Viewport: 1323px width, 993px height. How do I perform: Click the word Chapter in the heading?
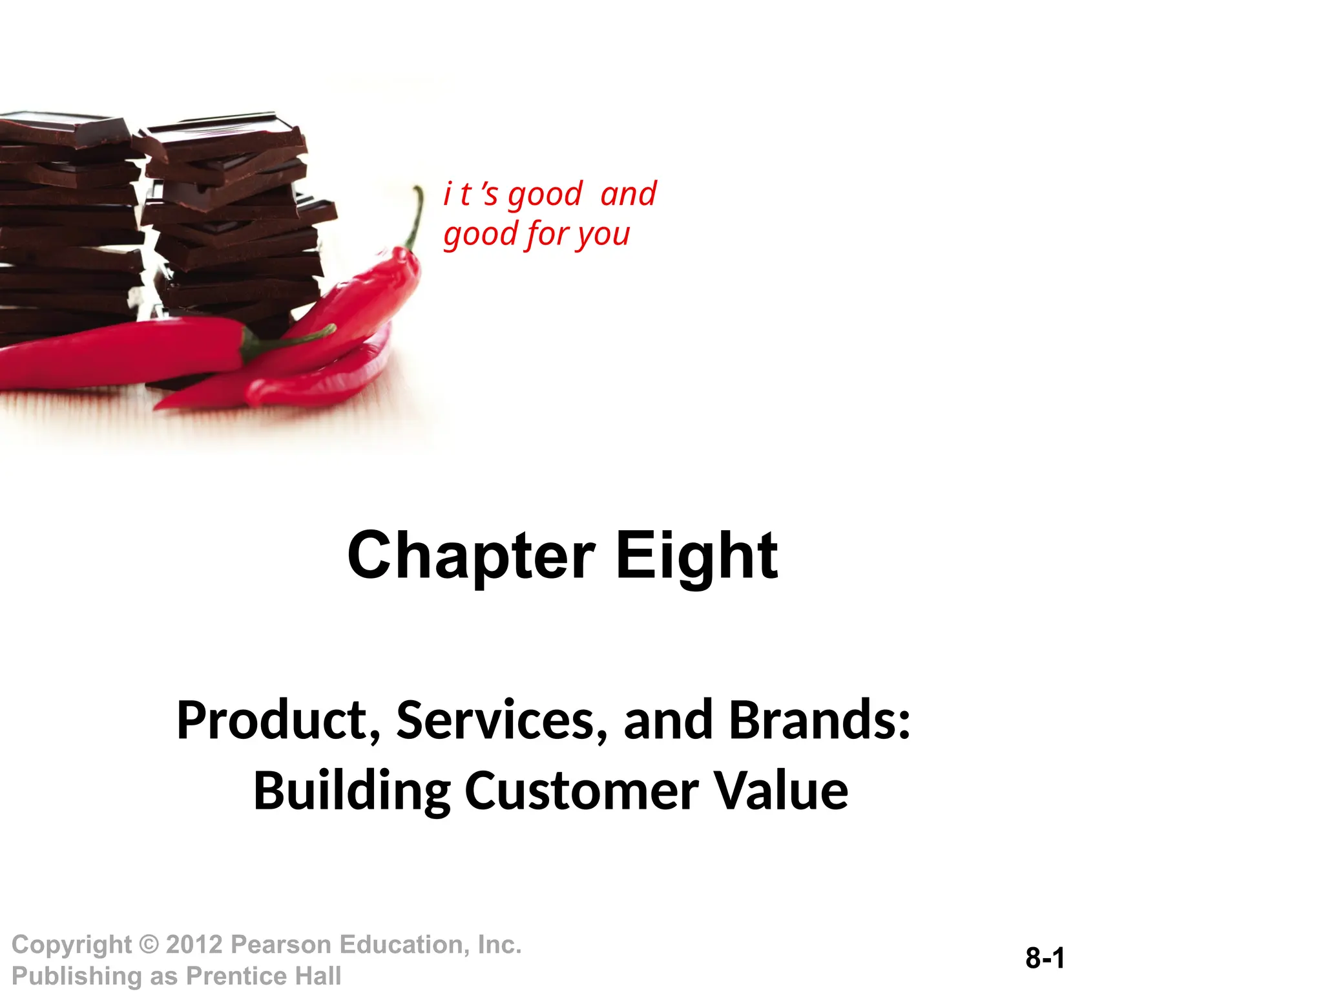[470, 556]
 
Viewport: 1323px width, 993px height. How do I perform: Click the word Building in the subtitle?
[352, 791]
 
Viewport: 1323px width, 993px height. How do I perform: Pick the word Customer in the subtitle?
[581, 791]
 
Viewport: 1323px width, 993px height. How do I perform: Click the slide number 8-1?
[1045, 958]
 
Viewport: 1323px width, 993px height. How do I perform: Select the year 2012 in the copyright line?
[194, 945]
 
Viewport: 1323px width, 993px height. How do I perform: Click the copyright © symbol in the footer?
[149, 945]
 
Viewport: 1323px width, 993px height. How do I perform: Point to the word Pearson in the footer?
[282, 945]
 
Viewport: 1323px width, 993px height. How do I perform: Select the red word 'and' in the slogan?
[628, 194]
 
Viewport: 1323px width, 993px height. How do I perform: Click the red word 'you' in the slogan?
[603, 234]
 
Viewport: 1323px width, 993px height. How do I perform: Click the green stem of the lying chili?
[284, 343]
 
